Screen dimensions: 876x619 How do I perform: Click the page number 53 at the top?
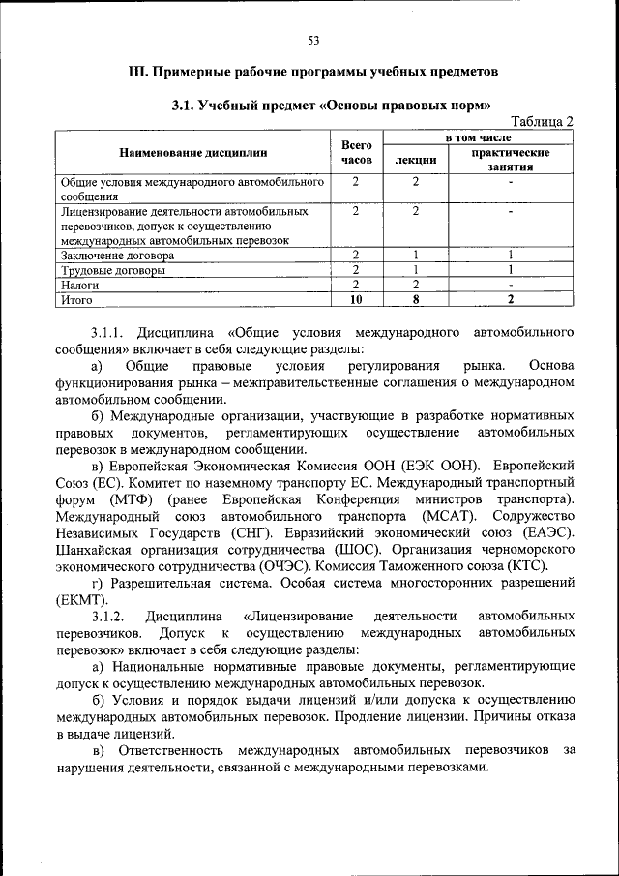pos(313,40)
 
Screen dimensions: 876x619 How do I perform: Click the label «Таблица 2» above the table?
pos(542,121)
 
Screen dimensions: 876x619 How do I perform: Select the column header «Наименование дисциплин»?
pos(192,152)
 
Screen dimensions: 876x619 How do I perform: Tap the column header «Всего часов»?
pos(357,152)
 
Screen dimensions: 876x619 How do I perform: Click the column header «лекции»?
pos(414,160)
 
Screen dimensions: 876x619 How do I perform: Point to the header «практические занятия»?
pos(511,160)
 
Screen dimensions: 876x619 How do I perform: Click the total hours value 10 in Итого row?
pos(356,300)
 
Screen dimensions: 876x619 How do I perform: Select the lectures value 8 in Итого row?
pos(414,300)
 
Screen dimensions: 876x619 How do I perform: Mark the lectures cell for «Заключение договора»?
pos(414,256)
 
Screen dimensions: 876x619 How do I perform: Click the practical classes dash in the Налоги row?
pos(511,285)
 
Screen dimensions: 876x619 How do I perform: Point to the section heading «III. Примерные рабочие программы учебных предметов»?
pos(313,72)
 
